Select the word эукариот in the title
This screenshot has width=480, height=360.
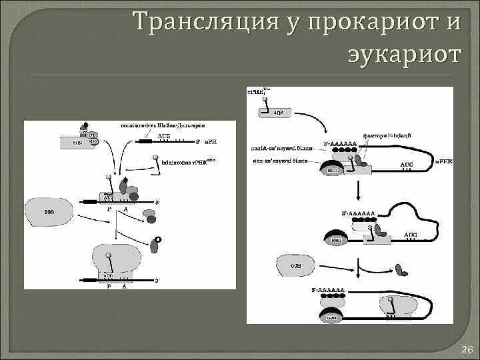tap(404, 55)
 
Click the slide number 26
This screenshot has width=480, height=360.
tap(467, 350)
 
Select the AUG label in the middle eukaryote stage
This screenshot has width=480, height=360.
tap(411, 235)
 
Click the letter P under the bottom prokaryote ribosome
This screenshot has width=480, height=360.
tap(109, 285)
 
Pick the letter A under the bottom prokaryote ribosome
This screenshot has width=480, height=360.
tap(124, 285)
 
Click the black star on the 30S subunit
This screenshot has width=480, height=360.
tap(85, 125)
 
